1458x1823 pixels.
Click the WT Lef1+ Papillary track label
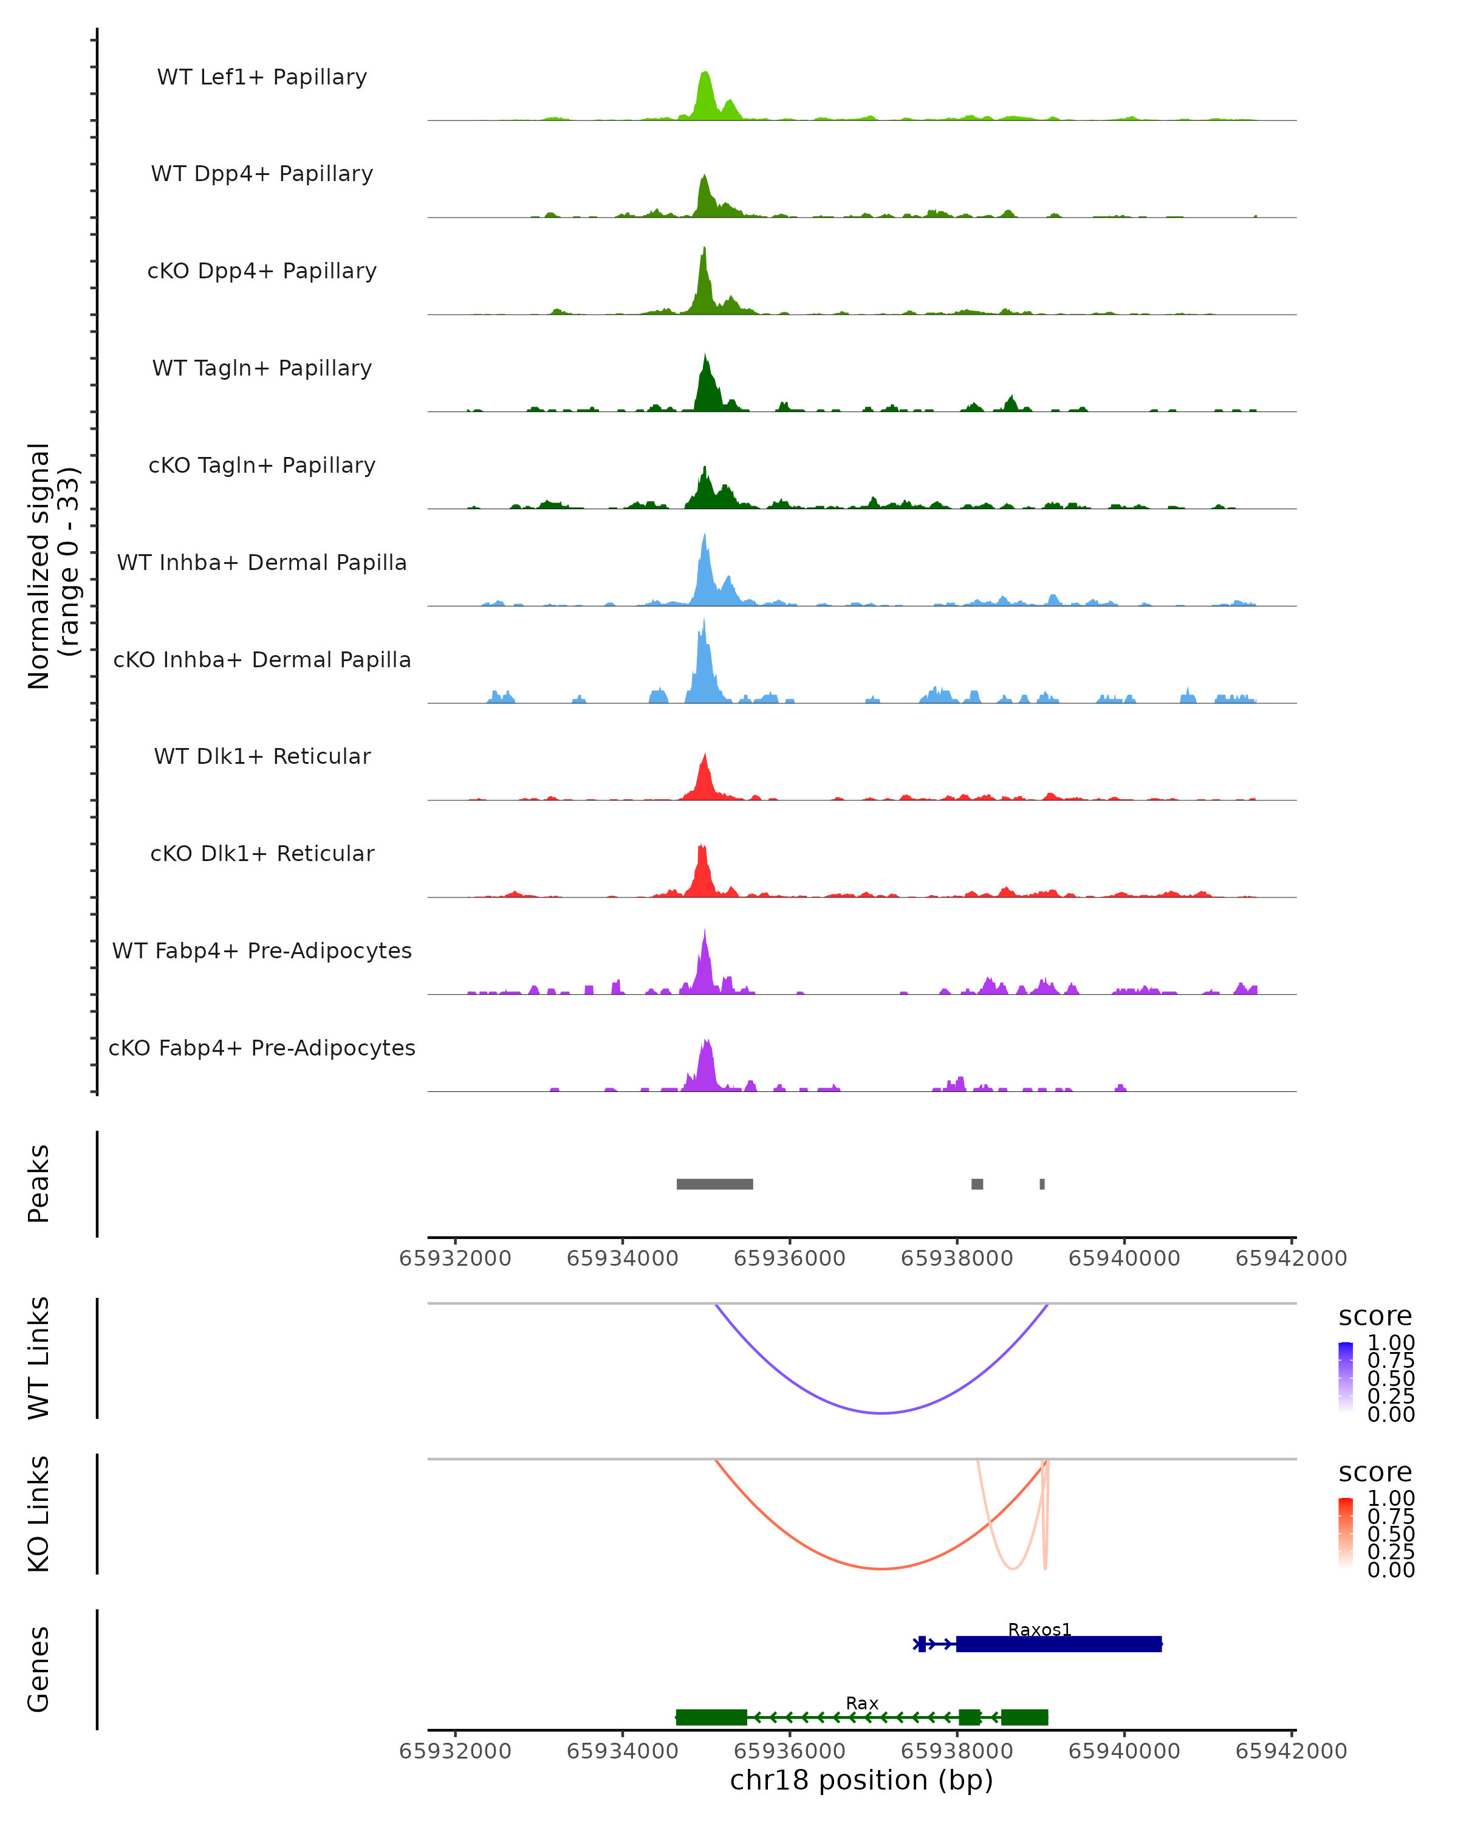262,77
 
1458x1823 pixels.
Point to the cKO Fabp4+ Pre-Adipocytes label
262,1048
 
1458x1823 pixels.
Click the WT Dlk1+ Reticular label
262,756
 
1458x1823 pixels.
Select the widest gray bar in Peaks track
714,1184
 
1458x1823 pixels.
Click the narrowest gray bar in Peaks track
1042,1184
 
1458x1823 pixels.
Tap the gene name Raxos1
1039,1629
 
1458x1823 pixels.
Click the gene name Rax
862,1703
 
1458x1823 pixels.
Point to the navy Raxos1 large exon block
1058,1644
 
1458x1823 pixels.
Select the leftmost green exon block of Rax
711,1717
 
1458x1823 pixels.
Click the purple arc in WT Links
881,1413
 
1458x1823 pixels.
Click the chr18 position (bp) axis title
861,1780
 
